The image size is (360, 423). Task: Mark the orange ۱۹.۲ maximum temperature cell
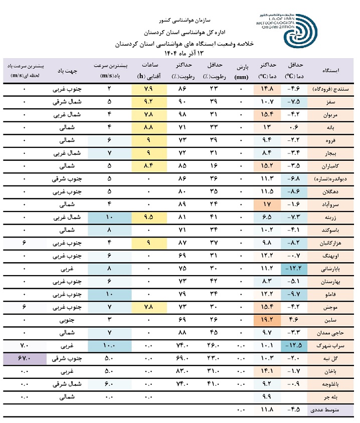(266, 320)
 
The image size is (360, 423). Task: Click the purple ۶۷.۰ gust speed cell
(25, 358)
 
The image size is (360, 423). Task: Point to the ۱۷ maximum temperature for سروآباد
(266, 204)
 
